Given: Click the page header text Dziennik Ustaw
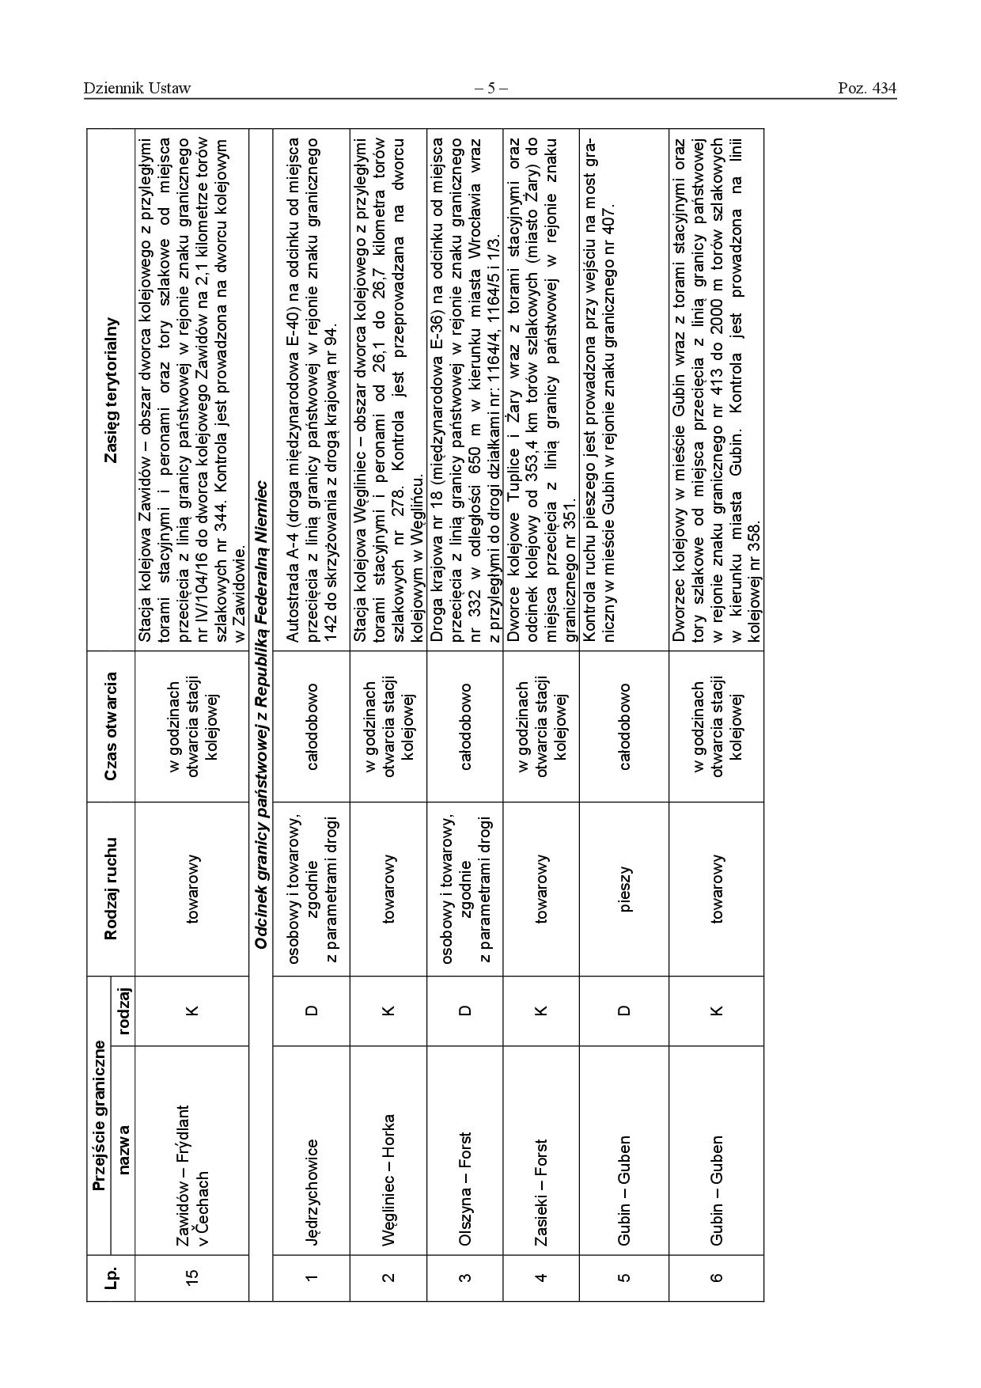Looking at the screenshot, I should [x=137, y=89].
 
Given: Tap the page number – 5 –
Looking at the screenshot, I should [x=490, y=89].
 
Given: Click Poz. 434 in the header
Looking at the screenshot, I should [x=866, y=89].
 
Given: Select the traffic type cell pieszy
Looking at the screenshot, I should [x=626, y=889].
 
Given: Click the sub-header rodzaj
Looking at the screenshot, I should [x=123, y=1011].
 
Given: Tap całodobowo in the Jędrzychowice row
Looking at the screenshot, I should [x=312, y=726].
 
